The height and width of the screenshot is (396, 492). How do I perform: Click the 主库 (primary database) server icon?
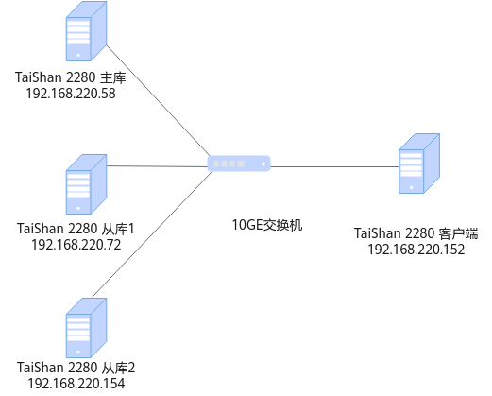86,31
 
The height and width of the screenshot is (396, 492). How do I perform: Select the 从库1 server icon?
86,184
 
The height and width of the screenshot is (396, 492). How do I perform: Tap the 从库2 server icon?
86,328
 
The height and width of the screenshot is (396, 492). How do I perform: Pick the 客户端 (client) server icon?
419,164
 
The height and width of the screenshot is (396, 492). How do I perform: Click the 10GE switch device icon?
239,164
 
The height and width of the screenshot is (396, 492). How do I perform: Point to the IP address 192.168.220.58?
71,94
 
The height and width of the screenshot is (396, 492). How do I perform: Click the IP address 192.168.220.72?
76,245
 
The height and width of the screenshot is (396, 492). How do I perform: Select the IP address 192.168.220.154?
76,384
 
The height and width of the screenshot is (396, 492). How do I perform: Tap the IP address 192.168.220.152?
416,250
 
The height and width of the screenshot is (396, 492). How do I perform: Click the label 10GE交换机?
267,225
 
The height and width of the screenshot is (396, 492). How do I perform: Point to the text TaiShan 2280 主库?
71,77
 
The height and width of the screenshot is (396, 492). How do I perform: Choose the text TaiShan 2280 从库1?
76,229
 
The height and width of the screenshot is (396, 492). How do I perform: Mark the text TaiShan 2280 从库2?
76,368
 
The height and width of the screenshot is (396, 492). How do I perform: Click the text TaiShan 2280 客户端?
416,233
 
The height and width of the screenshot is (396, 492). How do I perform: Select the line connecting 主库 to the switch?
158,100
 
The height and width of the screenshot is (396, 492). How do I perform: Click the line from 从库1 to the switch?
157,166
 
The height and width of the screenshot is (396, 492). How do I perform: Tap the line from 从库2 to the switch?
152,234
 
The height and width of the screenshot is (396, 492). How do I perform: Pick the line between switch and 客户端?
334,166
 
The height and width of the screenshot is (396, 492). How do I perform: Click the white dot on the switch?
263,164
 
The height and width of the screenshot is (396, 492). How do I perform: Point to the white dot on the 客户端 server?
411,187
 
